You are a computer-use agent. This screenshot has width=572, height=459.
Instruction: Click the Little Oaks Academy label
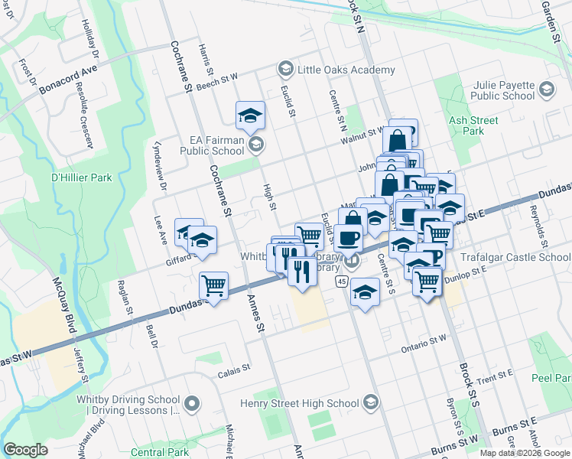click(346, 70)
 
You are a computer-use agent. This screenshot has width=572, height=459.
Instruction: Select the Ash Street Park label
click(474, 125)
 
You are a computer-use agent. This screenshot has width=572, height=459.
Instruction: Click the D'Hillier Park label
click(81, 177)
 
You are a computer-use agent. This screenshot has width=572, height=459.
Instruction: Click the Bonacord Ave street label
click(69, 79)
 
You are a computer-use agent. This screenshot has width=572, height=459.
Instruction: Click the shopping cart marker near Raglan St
click(214, 286)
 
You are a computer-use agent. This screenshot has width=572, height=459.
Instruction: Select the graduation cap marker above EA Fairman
click(250, 116)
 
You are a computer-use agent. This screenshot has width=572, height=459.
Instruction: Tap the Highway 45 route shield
click(341, 282)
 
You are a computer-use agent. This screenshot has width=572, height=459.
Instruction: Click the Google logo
click(27, 450)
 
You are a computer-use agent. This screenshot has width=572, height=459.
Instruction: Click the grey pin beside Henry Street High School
click(371, 402)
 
